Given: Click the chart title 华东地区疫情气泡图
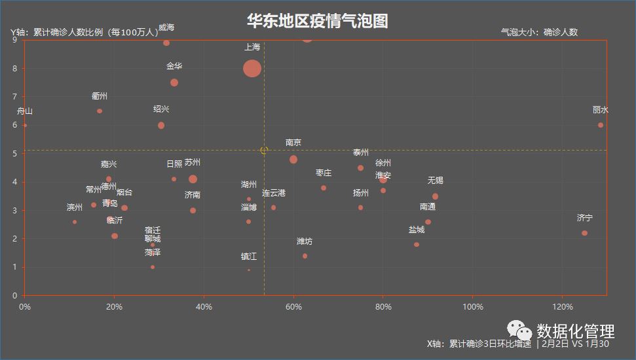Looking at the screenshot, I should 318,21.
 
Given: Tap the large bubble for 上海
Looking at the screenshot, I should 252,68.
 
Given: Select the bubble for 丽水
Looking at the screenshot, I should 601,125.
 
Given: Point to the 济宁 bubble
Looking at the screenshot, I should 584,233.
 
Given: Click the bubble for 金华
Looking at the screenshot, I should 174,82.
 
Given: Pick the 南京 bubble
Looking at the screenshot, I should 293,159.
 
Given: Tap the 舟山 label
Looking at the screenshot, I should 24,111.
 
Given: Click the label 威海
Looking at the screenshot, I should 166,27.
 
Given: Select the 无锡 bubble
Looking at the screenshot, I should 435,196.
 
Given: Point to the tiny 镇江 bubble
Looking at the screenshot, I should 249,270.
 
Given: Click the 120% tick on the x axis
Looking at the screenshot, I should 563,307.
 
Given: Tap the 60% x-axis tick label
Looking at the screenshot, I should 293,307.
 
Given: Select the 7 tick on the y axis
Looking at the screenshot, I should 14,97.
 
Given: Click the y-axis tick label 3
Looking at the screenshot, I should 14,210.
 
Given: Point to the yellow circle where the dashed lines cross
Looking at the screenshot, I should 264,150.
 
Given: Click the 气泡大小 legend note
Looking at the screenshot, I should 539,32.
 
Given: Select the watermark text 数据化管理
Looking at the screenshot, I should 575,332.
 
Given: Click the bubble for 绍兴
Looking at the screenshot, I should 161,125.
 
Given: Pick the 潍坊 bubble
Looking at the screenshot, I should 305,256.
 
